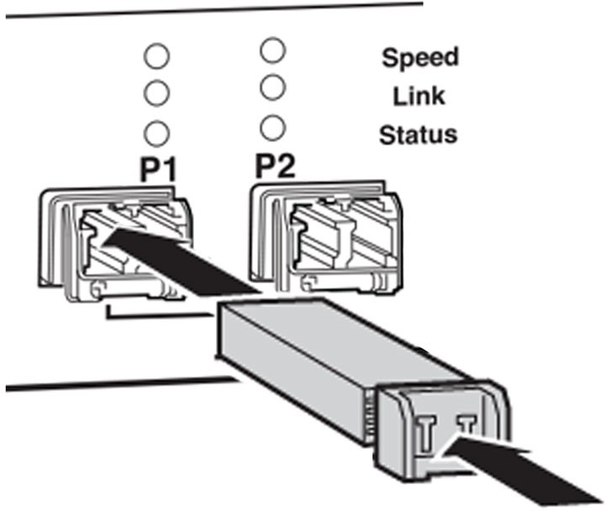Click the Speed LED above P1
click(156, 56)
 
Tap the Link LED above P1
click(156, 92)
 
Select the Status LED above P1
click(156, 134)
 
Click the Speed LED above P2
click(273, 50)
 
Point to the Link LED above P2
click(273, 87)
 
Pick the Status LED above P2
click(273, 128)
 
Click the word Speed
click(420, 58)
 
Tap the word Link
click(419, 96)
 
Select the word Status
click(418, 134)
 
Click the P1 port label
click(158, 171)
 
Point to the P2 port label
click(275, 166)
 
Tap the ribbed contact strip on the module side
click(369, 416)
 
